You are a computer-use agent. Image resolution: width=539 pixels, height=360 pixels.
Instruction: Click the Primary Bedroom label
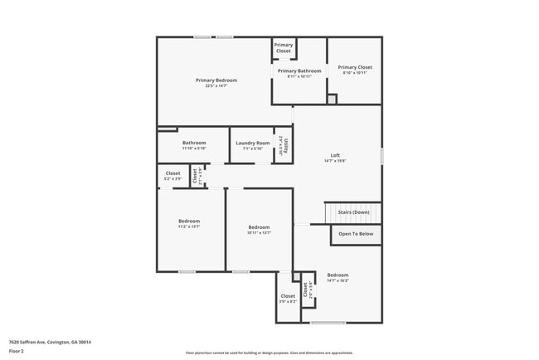click(216, 80)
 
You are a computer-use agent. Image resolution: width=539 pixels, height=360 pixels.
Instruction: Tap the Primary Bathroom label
click(299, 71)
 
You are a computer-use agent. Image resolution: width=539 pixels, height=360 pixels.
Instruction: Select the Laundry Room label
click(251, 143)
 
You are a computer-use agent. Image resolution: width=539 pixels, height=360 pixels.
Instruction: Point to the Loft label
click(336, 155)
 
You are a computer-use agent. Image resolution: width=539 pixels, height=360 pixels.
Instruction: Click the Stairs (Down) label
click(354, 212)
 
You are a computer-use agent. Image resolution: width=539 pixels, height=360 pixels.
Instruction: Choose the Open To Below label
click(356, 234)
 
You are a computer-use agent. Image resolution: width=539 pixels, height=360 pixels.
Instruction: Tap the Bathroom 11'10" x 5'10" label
click(194, 143)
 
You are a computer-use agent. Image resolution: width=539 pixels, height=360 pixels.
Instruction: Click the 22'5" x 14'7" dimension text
click(216, 86)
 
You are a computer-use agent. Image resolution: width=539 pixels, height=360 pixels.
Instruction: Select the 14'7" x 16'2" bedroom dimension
click(337, 281)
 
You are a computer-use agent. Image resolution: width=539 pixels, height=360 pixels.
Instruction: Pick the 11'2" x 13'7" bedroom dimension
click(189, 226)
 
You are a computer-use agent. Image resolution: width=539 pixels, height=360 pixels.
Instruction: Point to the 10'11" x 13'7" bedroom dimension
click(259, 233)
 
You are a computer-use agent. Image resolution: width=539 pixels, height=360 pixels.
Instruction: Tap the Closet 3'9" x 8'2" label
click(288, 296)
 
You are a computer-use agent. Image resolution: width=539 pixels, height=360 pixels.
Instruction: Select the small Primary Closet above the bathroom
click(284, 47)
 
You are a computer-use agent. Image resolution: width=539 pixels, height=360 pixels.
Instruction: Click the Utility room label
click(284, 145)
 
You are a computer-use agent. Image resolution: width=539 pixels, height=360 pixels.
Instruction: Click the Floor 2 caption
click(17, 352)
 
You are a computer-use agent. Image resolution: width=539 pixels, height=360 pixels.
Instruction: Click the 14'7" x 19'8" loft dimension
click(336, 161)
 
